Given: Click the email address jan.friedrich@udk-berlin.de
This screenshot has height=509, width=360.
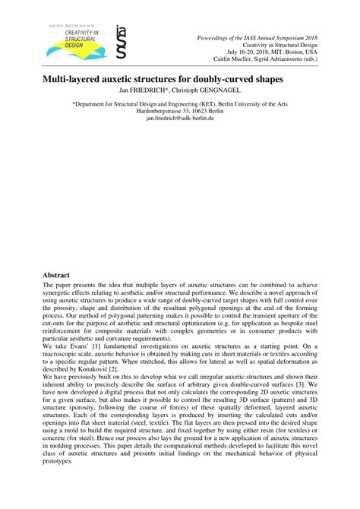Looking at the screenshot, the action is click(x=179, y=118).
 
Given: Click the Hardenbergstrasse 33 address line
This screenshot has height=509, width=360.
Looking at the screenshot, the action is click(x=179, y=110).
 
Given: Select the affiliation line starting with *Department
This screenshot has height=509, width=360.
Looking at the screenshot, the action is click(x=179, y=103).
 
